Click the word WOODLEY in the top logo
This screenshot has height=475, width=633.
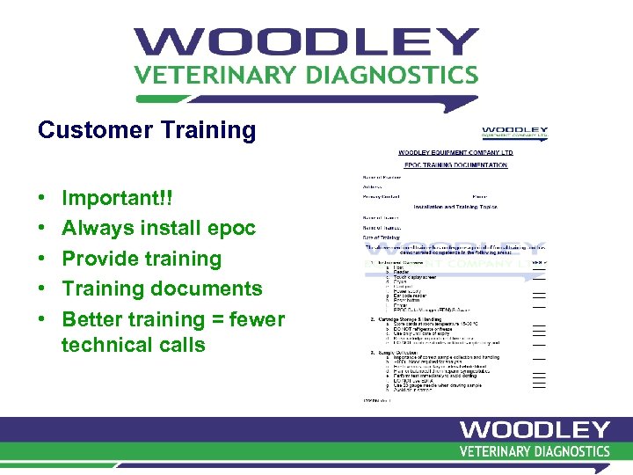click(306, 43)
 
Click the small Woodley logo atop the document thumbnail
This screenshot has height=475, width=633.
click(514, 133)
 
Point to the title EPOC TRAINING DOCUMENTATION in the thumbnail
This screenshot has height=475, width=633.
click(455, 164)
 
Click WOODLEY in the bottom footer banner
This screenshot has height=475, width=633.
click(534, 430)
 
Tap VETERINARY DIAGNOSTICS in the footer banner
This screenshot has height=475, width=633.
click(534, 451)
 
